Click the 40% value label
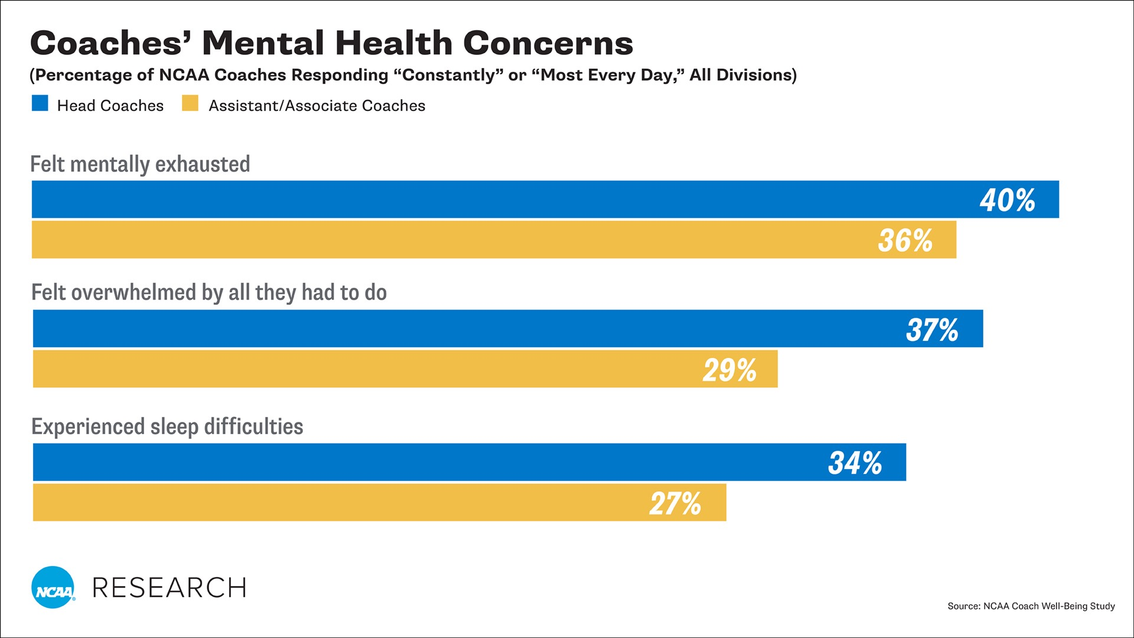pyautogui.click(x=1007, y=200)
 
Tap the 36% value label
pyautogui.click(x=905, y=240)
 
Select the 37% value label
pyautogui.click(x=932, y=330)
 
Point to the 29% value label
pyautogui.click(x=729, y=370)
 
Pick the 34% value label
pyautogui.click(x=855, y=463)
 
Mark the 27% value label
pyautogui.click(x=675, y=503)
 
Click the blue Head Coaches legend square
pyautogui.click(x=40, y=103)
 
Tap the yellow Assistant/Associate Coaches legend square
pyautogui.click(x=190, y=103)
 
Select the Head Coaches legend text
pyautogui.click(x=110, y=106)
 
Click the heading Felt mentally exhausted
pyautogui.click(x=140, y=164)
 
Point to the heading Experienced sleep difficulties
pyautogui.click(x=167, y=427)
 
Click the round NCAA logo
pyautogui.click(x=53, y=587)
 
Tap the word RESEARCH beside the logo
pyautogui.click(x=169, y=588)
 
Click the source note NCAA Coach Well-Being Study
pyautogui.click(x=1048, y=606)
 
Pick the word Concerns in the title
pyautogui.click(x=548, y=43)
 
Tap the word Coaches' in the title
pyautogui.click(x=110, y=43)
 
